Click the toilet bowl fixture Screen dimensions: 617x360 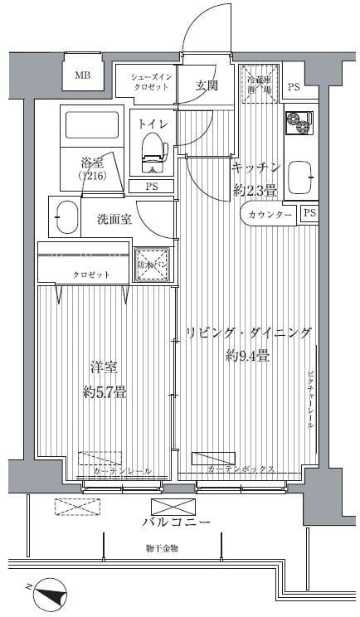coord(153,149)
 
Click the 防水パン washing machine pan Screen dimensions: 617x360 coord(153,265)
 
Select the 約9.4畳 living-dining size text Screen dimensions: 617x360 coord(248,357)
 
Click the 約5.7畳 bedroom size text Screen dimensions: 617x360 coord(106,392)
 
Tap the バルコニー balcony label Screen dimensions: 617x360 coord(175,522)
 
